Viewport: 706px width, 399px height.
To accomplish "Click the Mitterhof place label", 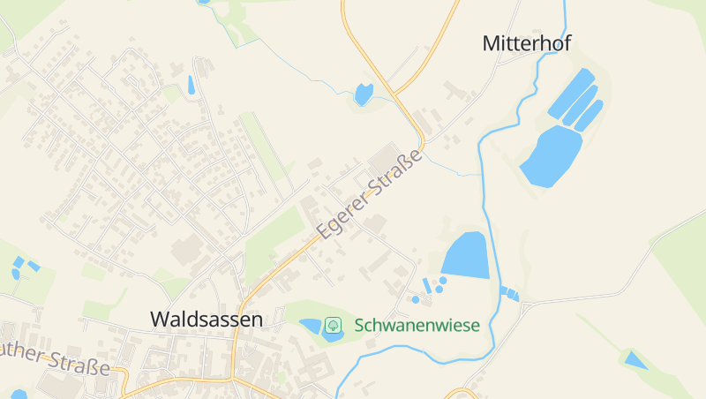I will tap(527, 43).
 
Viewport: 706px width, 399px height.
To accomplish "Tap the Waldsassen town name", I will tap(207, 319).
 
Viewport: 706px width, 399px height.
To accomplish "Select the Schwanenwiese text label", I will tap(417, 325).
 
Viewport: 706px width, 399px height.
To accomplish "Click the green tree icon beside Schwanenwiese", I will tap(333, 325).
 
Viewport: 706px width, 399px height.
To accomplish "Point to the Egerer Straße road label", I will tap(370, 196).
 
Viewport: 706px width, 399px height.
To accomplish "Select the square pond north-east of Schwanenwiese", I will tap(465, 255).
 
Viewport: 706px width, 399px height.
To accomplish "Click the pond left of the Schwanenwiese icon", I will tap(311, 327).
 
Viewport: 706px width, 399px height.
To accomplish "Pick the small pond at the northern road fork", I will tap(363, 93).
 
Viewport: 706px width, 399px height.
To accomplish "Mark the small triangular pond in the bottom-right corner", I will tap(634, 359).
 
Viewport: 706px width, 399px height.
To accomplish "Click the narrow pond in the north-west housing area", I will tap(191, 85).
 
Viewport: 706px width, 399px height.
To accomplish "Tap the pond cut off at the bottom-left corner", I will tap(19, 394).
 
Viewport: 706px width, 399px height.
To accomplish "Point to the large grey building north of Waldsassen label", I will tap(187, 251).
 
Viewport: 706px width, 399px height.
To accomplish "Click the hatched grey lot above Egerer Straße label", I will tap(385, 162).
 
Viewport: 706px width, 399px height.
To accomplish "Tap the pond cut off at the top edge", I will tap(205, 2).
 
